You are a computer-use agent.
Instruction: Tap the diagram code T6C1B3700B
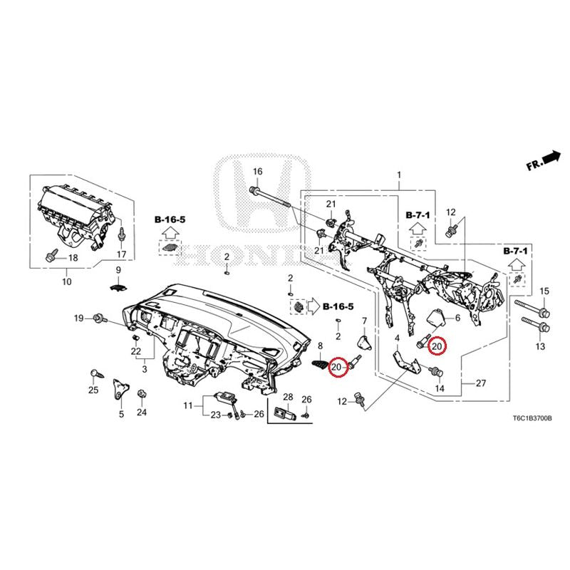coord(532,418)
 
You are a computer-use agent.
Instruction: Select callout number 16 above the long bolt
coord(257,171)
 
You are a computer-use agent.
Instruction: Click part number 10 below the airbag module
coord(67,281)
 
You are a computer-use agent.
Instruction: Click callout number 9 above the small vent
coord(118,270)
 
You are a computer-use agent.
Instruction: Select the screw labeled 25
coord(97,373)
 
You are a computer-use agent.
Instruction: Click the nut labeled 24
coord(141,395)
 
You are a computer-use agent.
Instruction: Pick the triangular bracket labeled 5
coord(120,389)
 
